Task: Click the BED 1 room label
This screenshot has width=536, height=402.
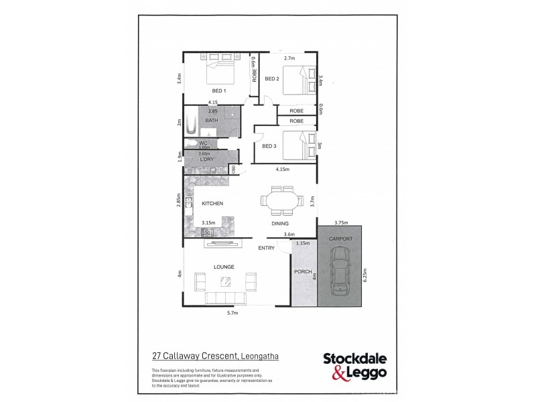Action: (x=219, y=91)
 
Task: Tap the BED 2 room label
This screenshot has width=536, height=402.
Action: (x=271, y=79)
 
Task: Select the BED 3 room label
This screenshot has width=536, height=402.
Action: (x=269, y=146)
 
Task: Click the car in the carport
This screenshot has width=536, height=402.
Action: (x=341, y=271)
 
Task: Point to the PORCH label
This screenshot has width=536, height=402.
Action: (x=301, y=273)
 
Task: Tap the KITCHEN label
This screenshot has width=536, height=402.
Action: (x=212, y=203)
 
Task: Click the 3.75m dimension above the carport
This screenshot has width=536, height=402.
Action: (x=341, y=223)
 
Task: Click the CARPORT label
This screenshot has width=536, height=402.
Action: (x=340, y=239)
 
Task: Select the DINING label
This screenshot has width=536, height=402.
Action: (x=280, y=223)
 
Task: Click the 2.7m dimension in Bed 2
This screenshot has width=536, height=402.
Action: (x=290, y=58)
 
